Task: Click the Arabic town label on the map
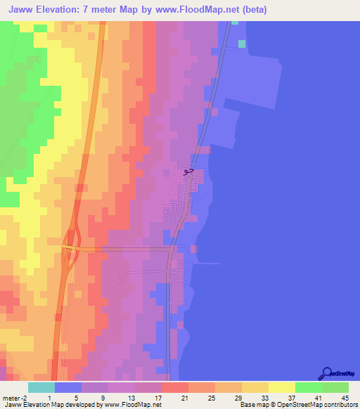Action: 186,171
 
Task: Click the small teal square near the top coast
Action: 242,44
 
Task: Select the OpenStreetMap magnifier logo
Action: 326,373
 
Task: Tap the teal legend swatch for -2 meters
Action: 41,387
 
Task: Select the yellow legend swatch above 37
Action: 281,387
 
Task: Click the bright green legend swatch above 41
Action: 308,387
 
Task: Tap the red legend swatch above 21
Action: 174,387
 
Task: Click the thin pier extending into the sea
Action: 208,264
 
